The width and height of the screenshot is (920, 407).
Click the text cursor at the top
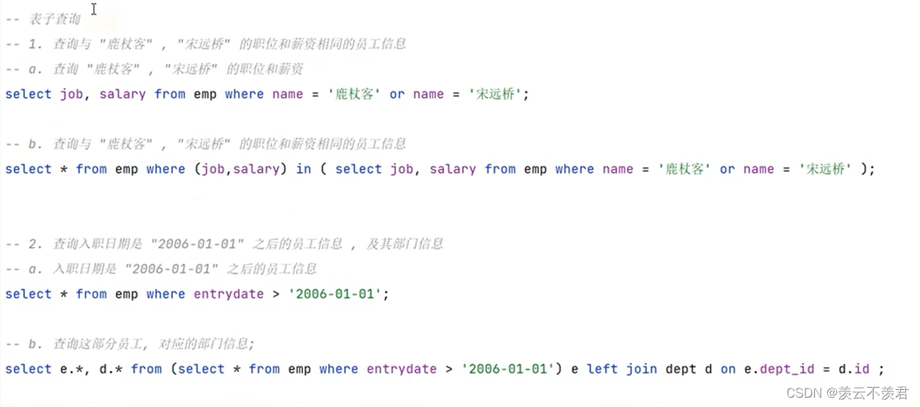(x=94, y=9)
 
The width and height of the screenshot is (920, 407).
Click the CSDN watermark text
(x=847, y=393)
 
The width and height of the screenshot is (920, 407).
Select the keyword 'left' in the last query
(x=602, y=369)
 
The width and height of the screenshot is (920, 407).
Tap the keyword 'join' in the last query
(x=641, y=369)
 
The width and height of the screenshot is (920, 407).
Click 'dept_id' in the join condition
(x=787, y=369)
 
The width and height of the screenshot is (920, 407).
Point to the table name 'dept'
(x=681, y=369)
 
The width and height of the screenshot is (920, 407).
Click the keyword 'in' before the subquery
(x=304, y=169)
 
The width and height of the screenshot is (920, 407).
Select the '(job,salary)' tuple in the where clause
(x=240, y=169)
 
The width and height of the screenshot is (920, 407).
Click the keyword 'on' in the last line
(x=728, y=369)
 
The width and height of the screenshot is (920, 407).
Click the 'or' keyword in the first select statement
(x=397, y=94)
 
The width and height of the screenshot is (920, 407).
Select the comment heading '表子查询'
(x=54, y=19)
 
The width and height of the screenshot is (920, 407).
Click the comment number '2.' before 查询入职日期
(x=35, y=244)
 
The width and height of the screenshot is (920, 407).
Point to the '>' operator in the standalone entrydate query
(x=276, y=294)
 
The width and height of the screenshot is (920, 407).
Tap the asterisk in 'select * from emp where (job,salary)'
(x=64, y=169)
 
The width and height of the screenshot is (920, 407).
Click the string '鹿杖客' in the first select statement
(x=354, y=94)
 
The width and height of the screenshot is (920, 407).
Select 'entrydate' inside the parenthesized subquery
(x=402, y=369)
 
